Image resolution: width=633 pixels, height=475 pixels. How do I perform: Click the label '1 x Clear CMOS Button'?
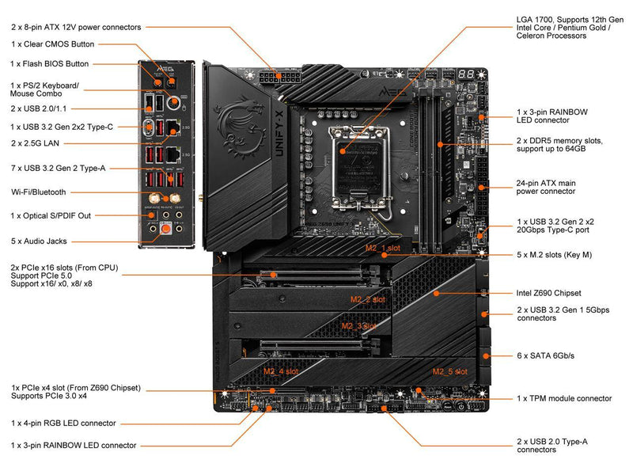pyautogui.click(x=53, y=44)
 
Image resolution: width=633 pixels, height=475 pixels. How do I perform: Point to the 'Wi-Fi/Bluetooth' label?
pyautogui.click(x=39, y=192)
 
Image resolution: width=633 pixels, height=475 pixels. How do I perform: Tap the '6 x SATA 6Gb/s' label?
pyautogui.click(x=544, y=356)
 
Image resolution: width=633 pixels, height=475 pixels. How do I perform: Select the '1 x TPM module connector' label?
pyautogui.click(x=564, y=398)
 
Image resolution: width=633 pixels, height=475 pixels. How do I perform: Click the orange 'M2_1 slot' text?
pyautogui.click(x=382, y=249)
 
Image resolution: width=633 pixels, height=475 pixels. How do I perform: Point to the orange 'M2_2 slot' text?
pyautogui.click(x=368, y=300)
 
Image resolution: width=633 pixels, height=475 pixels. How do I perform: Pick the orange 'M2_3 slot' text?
pyautogui.click(x=359, y=325)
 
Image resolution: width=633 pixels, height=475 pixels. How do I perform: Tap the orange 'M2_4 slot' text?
pyautogui.click(x=281, y=370)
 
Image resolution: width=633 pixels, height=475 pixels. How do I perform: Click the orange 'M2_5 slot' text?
pyautogui.click(x=449, y=370)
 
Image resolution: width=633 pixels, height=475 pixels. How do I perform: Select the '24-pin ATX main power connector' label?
pyautogui.click(x=546, y=186)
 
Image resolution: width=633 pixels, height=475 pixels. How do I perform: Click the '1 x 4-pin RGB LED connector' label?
pyautogui.click(x=64, y=424)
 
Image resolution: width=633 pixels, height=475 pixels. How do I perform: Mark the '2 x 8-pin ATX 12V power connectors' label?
pyautogui.click(x=76, y=27)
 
